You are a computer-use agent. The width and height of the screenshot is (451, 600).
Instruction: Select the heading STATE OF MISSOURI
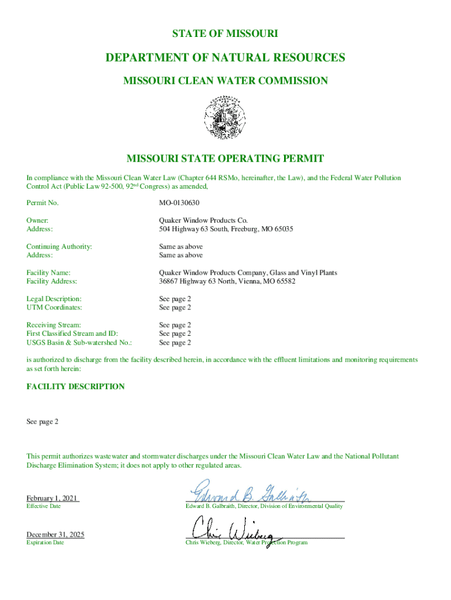(x=225, y=34)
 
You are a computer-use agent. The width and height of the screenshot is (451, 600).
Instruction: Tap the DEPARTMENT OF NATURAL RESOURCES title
(x=225, y=57)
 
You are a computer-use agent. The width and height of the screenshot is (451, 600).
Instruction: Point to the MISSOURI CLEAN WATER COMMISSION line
(x=225, y=81)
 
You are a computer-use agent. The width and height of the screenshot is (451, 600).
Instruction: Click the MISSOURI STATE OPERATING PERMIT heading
(x=225, y=159)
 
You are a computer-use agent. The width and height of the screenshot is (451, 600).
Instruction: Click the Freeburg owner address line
(x=226, y=229)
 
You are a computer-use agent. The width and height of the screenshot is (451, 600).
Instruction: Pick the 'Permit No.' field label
(x=43, y=203)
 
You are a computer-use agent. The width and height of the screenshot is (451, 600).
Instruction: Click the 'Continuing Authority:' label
(x=59, y=247)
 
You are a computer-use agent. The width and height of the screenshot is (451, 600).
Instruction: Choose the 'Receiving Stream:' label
(x=54, y=325)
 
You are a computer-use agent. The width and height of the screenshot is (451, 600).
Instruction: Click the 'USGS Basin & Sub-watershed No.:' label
(x=79, y=342)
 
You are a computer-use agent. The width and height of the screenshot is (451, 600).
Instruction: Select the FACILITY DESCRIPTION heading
(x=76, y=387)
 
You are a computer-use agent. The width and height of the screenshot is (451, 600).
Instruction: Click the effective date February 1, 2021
(x=52, y=498)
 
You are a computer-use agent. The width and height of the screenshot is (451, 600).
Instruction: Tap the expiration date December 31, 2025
(x=56, y=534)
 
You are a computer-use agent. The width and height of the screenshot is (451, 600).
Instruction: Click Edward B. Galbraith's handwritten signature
(x=248, y=492)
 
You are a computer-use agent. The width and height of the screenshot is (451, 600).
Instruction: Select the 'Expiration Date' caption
(x=45, y=543)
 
